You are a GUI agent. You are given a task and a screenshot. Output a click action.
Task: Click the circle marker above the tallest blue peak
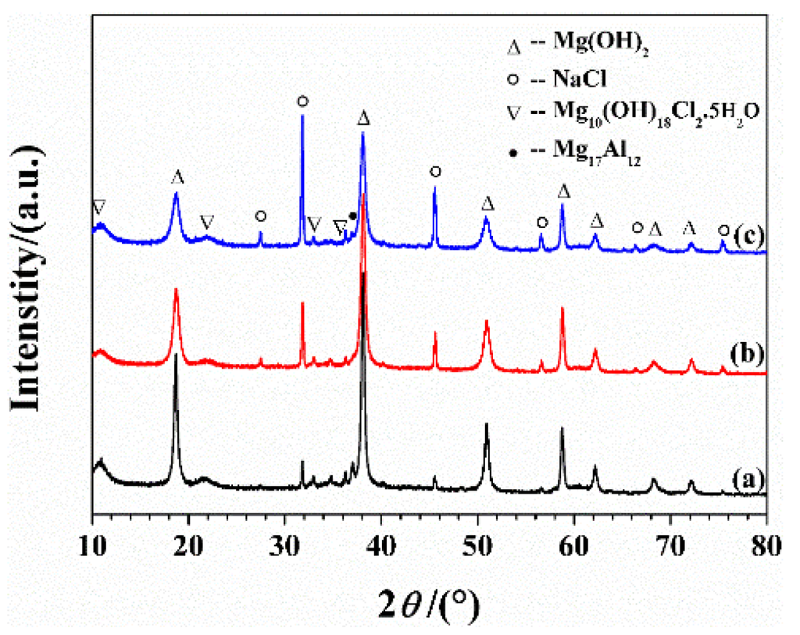[x=302, y=102]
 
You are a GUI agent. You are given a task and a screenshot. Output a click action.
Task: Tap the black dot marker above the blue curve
[x=353, y=216]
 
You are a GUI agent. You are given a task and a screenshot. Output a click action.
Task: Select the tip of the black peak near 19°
[x=176, y=355]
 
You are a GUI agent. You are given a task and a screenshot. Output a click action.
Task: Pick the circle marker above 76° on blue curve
[x=724, y=230]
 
